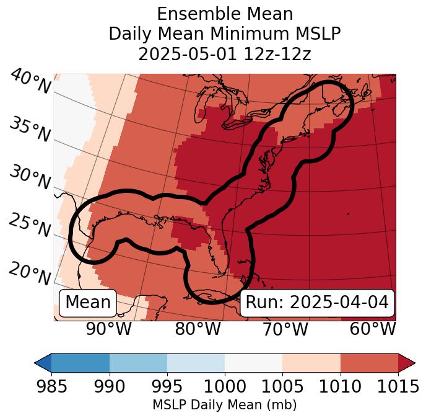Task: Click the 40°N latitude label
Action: (30, 82)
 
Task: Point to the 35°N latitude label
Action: (30, 130)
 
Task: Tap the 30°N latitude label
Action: (30, 178)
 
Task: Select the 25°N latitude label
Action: (30, 226)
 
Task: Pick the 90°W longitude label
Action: (108, 329)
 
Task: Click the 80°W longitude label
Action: (198, 329)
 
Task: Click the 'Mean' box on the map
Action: (88, 303)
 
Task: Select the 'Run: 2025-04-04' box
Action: (317, 303)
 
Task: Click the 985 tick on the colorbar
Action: (51, 386)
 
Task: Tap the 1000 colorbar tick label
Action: (225, 386)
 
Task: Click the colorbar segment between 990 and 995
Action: (138, 362)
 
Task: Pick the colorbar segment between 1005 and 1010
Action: (311, 362)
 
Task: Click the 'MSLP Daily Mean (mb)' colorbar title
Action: (224, 405)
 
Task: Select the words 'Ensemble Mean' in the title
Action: (225, 14)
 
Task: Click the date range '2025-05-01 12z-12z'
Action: (225, 54)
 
